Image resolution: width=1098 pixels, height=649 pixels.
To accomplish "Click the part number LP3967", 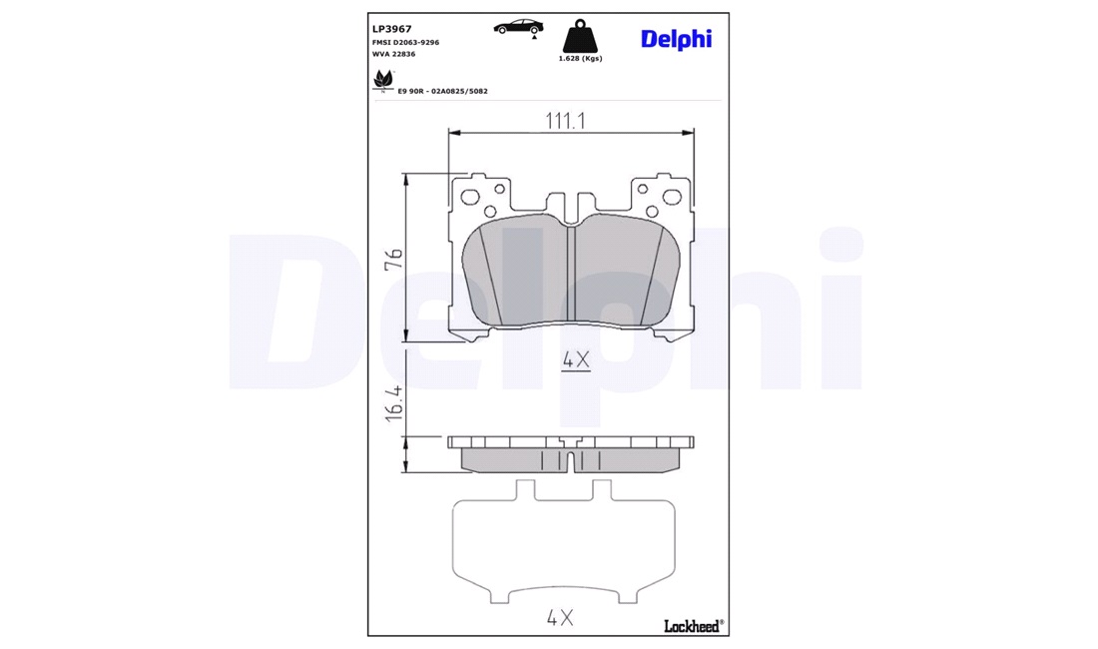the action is click(x=391, y=29).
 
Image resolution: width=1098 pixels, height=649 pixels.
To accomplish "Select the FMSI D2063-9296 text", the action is click(x=405, y=43).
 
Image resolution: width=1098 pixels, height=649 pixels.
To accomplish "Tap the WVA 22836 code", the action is click(x=393, y=54).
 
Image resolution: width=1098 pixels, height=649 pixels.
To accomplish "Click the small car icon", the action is click(x=518, y=27).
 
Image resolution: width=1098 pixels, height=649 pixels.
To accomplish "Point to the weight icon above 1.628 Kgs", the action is click(x=580, y=35).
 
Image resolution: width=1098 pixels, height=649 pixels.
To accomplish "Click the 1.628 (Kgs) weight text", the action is click(x=580, y=59).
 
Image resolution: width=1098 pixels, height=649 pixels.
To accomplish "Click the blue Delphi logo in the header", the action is click(x=676, y=39).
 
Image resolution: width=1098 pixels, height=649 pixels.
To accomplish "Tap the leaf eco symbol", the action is click(x=383, y=81).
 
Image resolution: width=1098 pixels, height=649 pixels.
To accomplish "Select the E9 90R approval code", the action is click(x=442, y=91).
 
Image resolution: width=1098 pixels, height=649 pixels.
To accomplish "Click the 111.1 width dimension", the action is click(x=565, y=121).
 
